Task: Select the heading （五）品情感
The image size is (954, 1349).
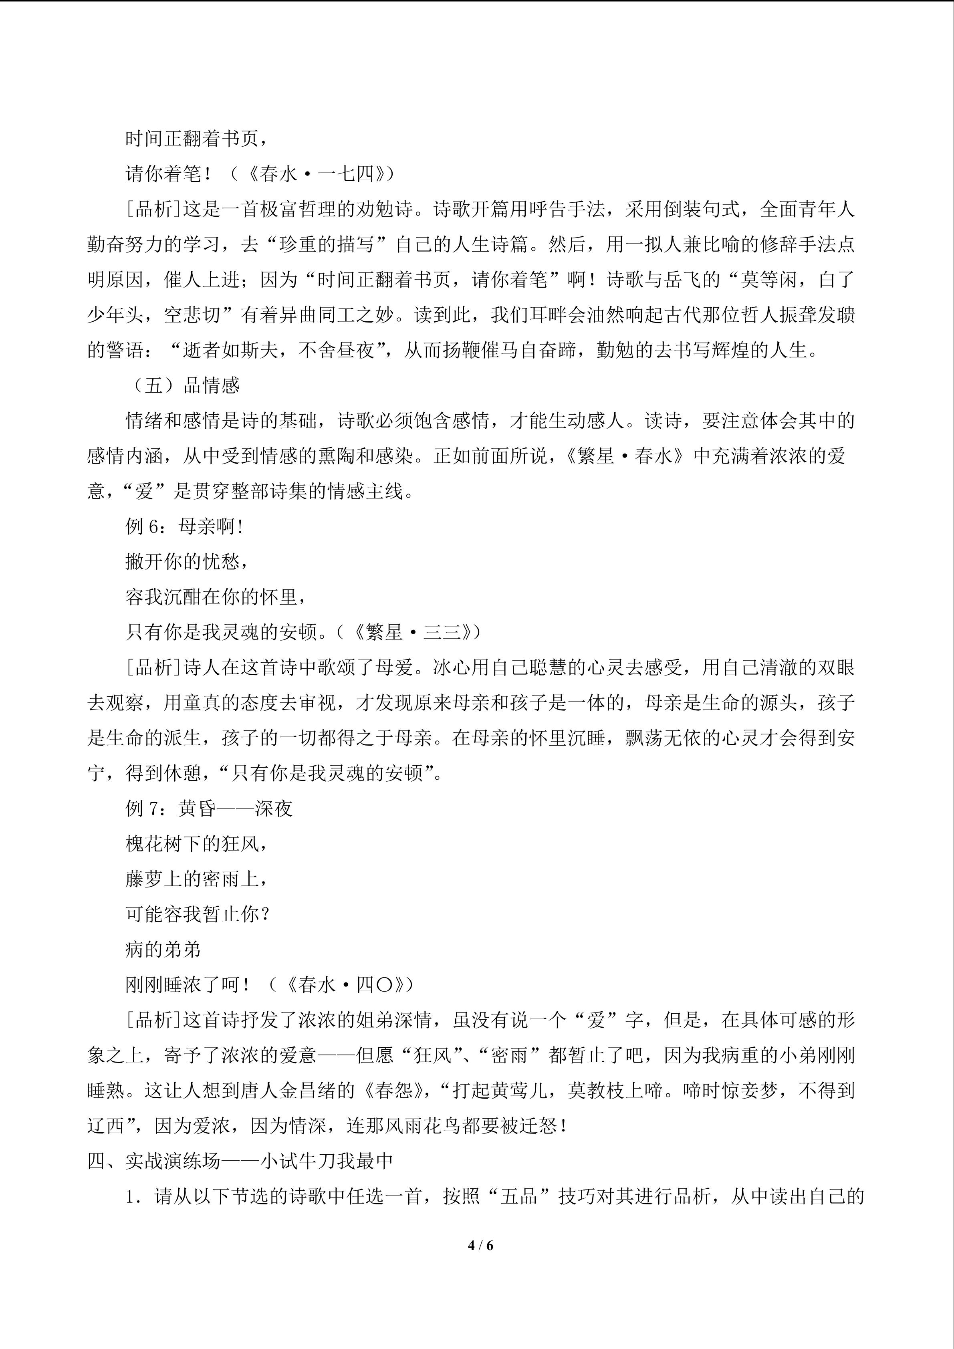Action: (x=186, y=385)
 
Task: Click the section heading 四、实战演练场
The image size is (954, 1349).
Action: (x=154, y=1161)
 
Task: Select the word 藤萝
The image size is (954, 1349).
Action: (x=145, y=879)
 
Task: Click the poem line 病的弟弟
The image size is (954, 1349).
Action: (x=163, y=950)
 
